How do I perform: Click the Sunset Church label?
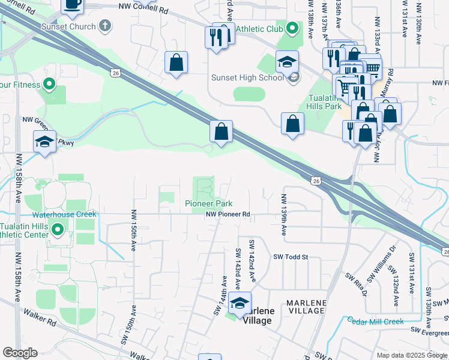[68, 26]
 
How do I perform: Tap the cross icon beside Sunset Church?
[106, 25]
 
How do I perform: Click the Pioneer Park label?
[208, 204]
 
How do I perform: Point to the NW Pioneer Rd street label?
[228, 214]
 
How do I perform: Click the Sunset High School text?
[247, 77]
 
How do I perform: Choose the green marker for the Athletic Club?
[292, 28]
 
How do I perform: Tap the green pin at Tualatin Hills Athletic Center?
[58, 229]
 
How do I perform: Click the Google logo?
[20, 353]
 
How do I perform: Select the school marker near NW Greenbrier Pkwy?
[45, 142]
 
